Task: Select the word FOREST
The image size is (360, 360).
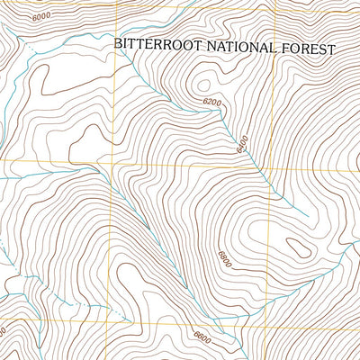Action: click(x=309, y=49)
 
